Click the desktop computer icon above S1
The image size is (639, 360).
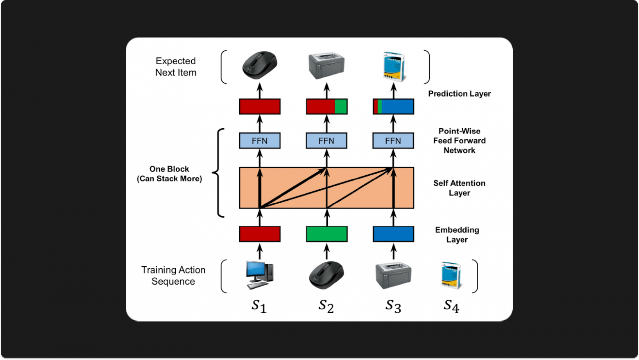click(x=259, y=274)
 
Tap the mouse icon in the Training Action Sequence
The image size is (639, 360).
click(x=326, y=275)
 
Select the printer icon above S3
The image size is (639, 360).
click(x=393, y=275)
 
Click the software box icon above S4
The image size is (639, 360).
click(x=451, y=276)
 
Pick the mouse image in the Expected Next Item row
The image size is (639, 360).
click(x=260, y=65)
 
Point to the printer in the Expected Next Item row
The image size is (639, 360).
click(x=326, y=66)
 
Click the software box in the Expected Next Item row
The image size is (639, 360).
click(x=393, y=66)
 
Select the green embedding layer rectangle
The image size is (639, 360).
click(x=326, y=234)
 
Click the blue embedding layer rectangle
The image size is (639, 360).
click(x=393, y=234)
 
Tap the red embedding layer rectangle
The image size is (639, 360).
click(x=260, y=234)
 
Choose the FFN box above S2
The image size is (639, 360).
click(x=326, y=141)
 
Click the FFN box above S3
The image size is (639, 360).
click(x=393, y=141)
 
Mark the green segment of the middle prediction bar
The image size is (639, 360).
click(x=341, y=106)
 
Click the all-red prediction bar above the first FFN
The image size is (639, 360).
click(x=260, y=106)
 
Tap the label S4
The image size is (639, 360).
click(x=451, y=306)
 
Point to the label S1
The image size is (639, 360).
click(x=259, y=306)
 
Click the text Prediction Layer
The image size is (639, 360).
click(x=459, y=94)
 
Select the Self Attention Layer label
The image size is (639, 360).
click(x=459, y=188)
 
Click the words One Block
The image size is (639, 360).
click(x=169, y=169)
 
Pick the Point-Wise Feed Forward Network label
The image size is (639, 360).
click(x=459, y=140)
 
